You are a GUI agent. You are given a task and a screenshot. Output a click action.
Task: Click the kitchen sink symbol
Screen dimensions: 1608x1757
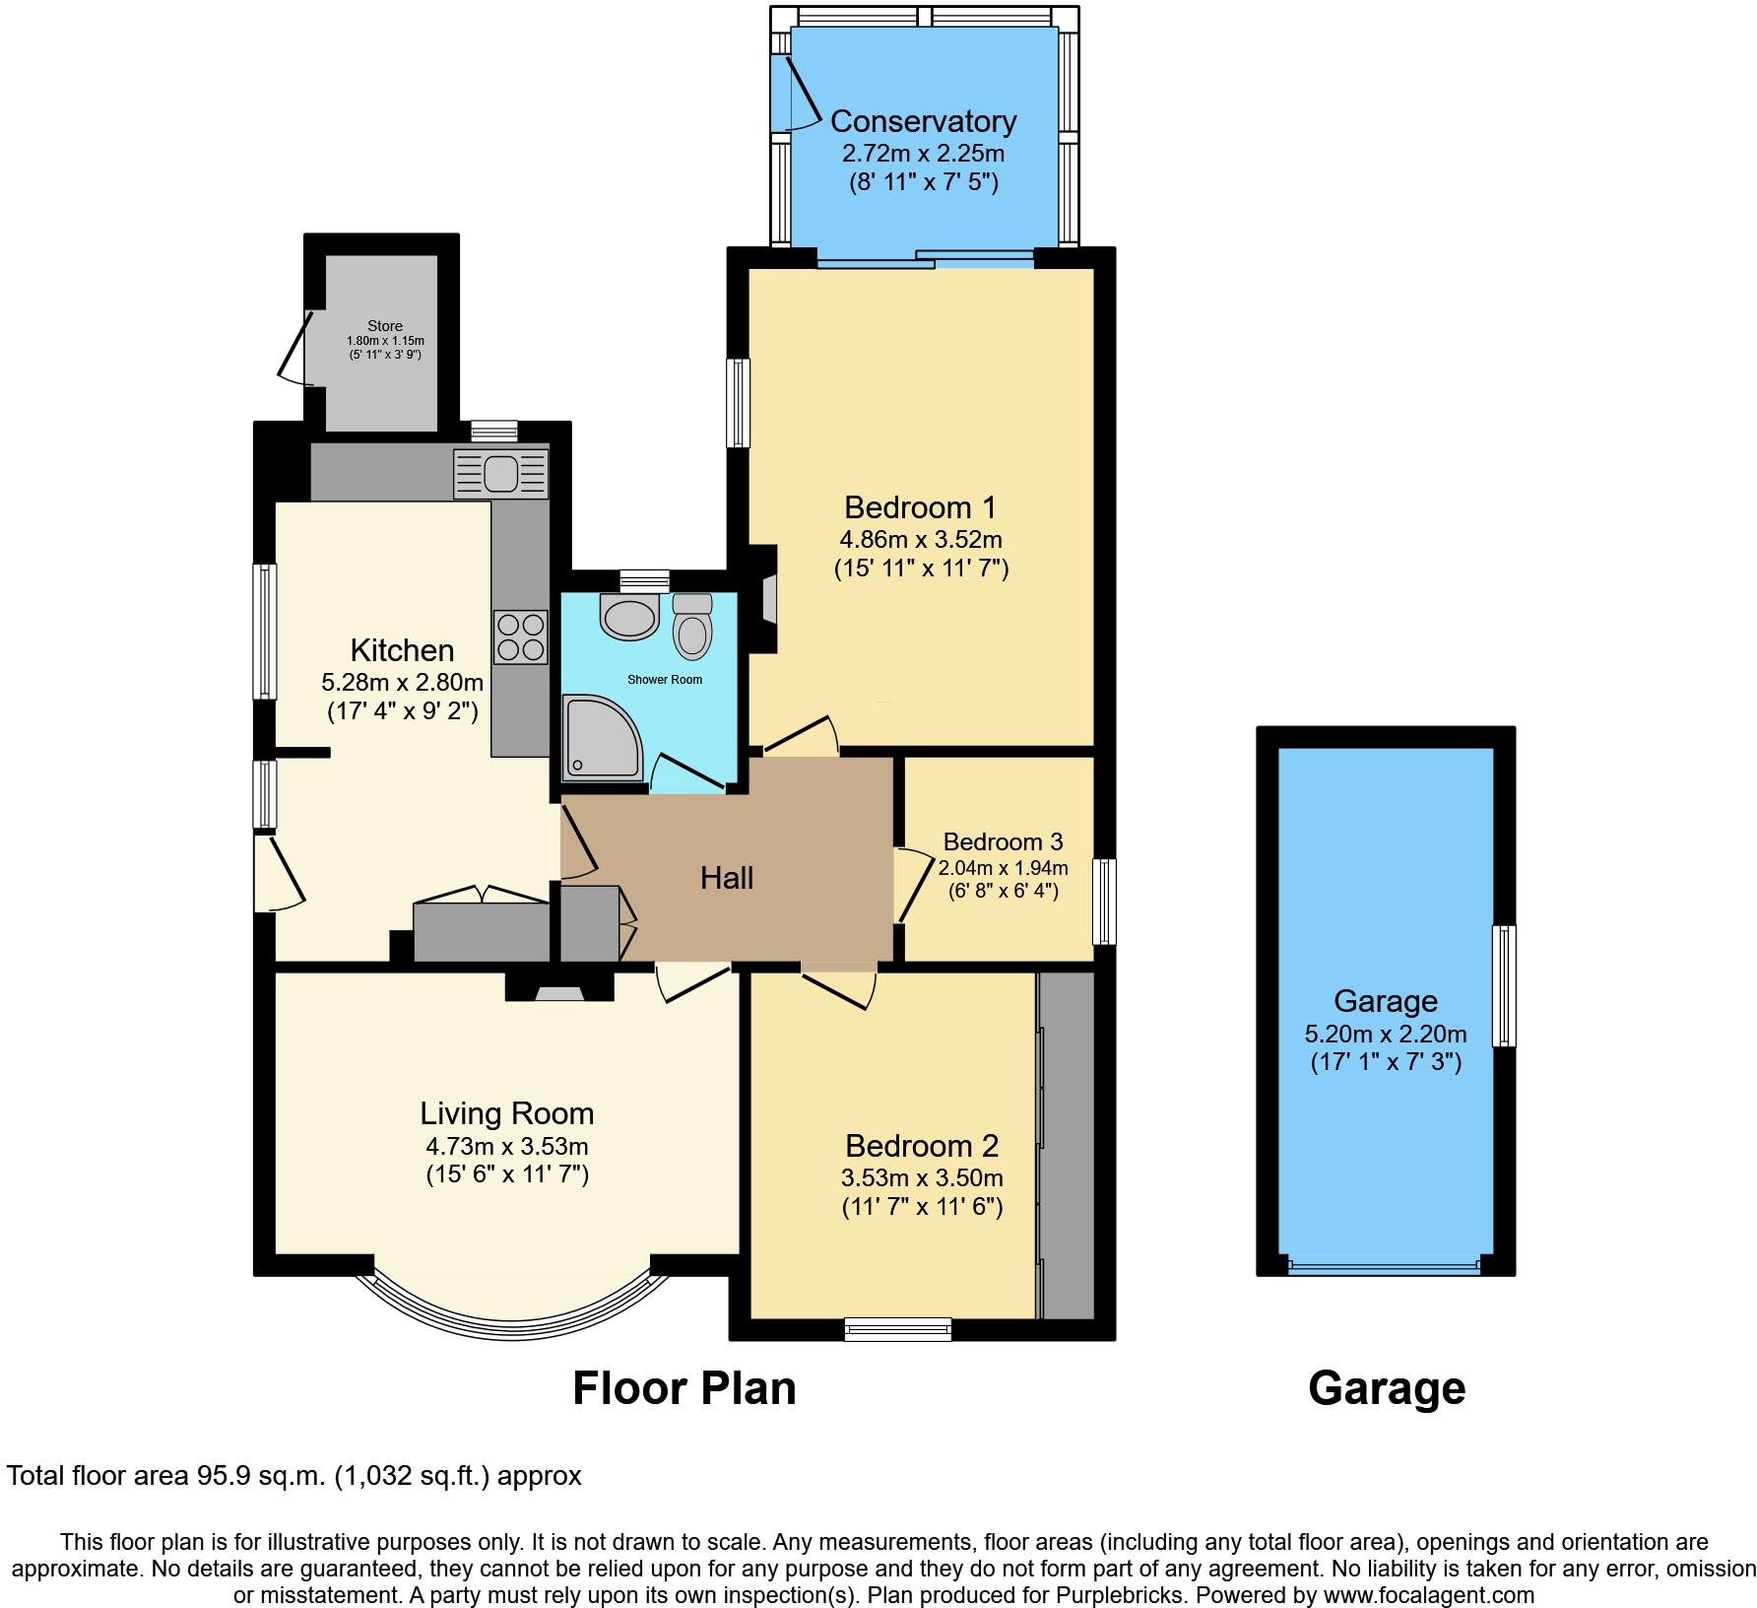point(500,474)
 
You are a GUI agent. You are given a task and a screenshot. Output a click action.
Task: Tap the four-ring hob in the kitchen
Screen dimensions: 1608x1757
point(521,637)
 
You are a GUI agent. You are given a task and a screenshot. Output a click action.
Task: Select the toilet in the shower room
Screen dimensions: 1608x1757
point(692,628)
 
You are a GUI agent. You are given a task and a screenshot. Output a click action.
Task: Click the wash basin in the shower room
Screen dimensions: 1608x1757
point(628,618)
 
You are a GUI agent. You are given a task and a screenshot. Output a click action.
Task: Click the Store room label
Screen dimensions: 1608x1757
point(384,326)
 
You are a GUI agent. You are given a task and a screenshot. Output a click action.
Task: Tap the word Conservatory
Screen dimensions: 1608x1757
point(923,121)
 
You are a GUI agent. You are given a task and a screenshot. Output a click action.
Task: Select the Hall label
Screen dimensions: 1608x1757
point(727,878)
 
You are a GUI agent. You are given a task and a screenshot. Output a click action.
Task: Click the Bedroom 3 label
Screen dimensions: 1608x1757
point(1003,841)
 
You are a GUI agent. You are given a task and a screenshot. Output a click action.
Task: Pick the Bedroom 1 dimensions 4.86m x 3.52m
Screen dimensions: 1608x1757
point(920,540)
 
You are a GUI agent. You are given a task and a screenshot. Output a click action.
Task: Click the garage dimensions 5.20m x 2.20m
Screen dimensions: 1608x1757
point(1386,1034)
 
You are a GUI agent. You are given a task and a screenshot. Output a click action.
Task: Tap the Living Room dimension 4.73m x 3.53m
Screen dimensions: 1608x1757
point(506,1146)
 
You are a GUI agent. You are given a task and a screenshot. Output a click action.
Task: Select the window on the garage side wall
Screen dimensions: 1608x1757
point(1504,985)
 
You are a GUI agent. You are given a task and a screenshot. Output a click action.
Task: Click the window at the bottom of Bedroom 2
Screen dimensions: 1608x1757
point(897,1329)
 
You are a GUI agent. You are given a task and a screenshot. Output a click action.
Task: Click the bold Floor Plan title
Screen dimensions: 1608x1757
point(683,1388)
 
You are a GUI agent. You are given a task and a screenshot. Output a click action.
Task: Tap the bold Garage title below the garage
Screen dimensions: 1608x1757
point(1386,1388)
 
